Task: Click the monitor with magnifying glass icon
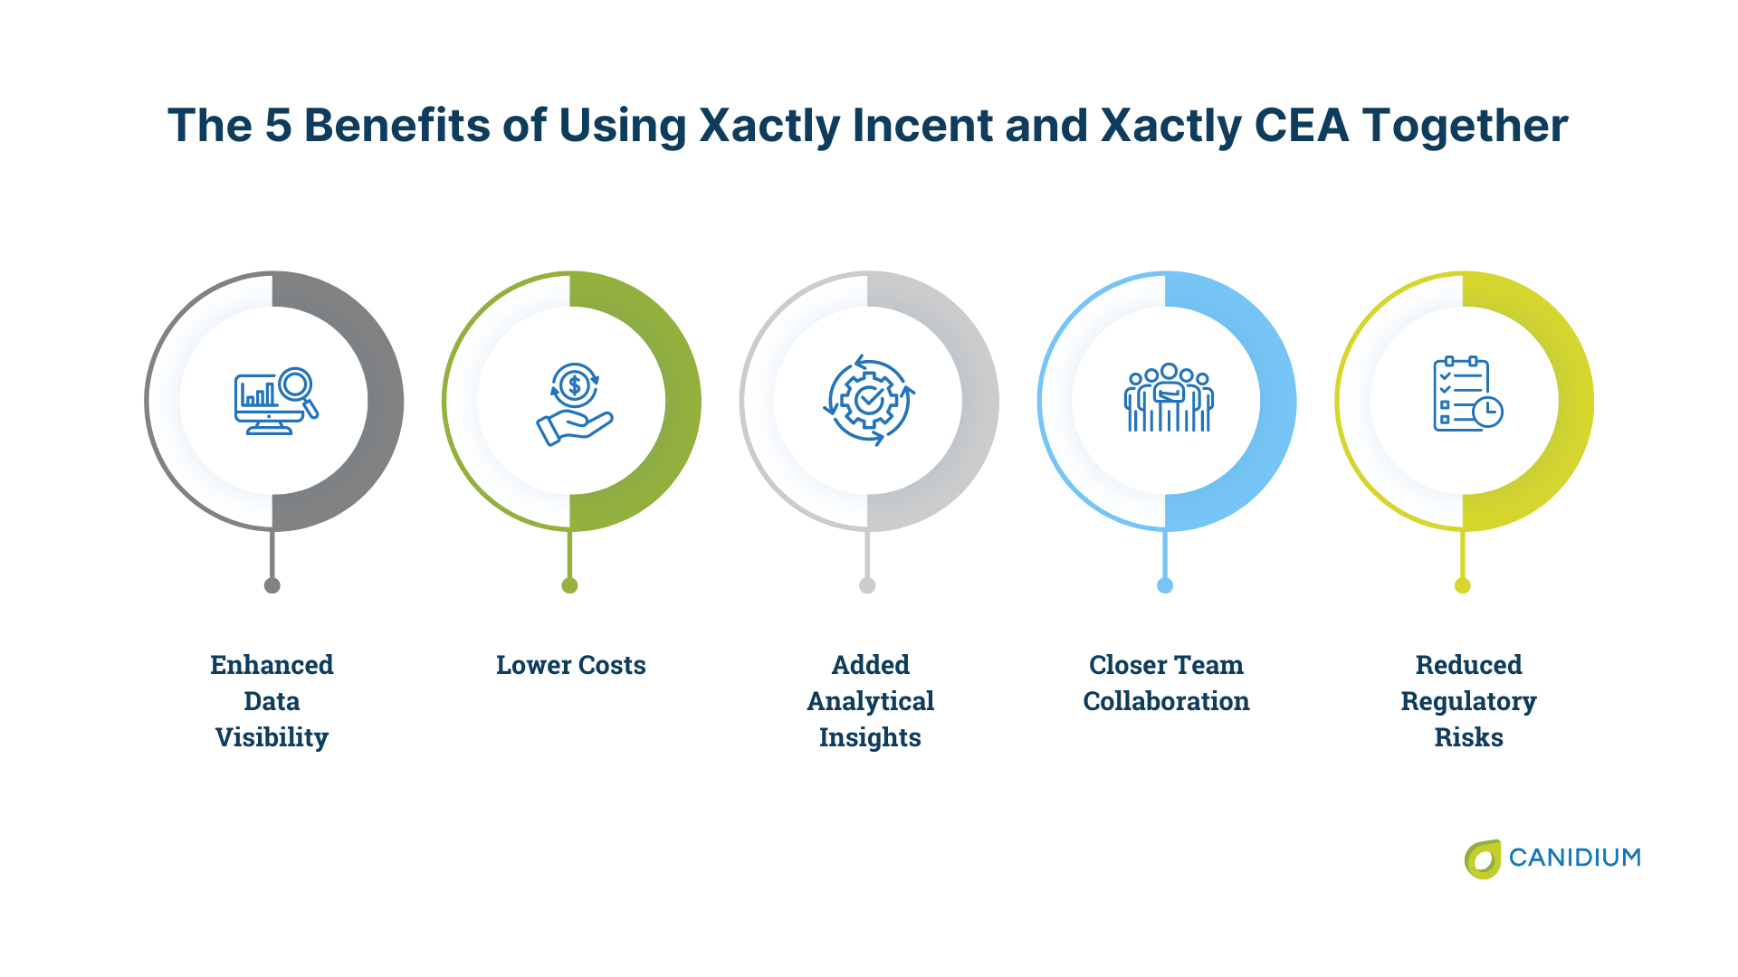[275, 401]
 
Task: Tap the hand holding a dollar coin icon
[574, 403]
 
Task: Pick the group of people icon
[1169, 399]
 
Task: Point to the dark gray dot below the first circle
[272, 585]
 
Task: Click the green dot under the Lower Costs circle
[569, 585]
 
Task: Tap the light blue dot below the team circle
[1165, 585]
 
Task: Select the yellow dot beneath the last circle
[1462, 585]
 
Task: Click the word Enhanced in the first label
[272, 665]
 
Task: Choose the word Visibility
[272, 737]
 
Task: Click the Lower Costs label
[570, 665]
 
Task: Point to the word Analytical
[870, 701]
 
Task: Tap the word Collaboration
[1166, 701]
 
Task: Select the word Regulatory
[1468, 701]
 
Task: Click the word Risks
[1468, 737]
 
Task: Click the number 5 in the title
[278, 125]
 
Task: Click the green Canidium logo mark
[1483, 858]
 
